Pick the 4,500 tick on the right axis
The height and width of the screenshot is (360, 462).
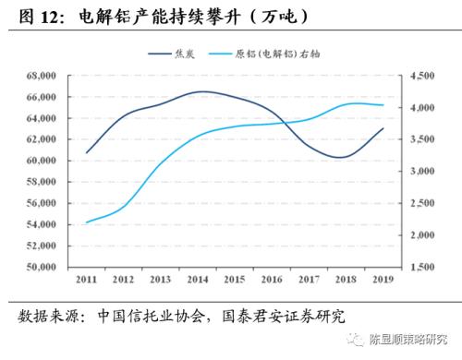coord(417,76)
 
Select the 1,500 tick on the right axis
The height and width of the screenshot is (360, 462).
coord(417,267)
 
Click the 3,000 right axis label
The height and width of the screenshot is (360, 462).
coord(417,172)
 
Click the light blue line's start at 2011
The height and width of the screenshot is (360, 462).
coord(87,222)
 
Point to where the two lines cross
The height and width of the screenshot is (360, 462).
coord(277,123)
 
